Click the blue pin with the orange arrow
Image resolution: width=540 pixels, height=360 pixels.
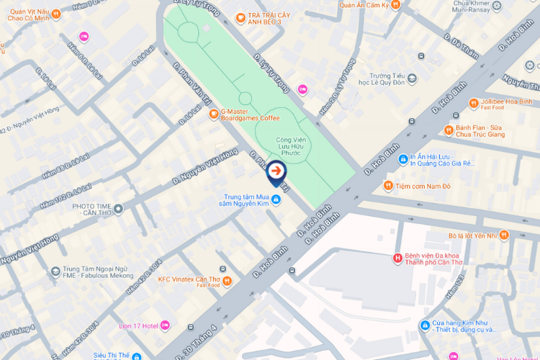tap(276, 172)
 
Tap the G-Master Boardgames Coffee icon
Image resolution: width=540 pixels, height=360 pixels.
tap(213, 114)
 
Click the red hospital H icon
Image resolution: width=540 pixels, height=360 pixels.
tap(396, 258)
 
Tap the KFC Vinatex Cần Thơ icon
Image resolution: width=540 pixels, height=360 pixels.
tap(227, 281)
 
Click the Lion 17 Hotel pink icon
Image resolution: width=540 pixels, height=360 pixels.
tap(164, 325)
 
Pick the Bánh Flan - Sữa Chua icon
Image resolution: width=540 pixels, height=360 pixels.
tap(448, 130)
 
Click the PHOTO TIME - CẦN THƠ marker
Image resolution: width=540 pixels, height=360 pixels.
tap(118, 209)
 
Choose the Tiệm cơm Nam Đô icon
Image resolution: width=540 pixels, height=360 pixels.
tap(389, 186)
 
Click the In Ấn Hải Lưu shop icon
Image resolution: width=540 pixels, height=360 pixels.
tap(404, 158)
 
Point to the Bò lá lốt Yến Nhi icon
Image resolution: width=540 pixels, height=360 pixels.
tap(504, 235)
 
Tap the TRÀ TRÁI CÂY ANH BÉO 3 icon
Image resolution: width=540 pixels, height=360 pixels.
tap(240, 18)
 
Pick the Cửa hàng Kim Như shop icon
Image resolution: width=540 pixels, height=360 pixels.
tap(425, 325)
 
